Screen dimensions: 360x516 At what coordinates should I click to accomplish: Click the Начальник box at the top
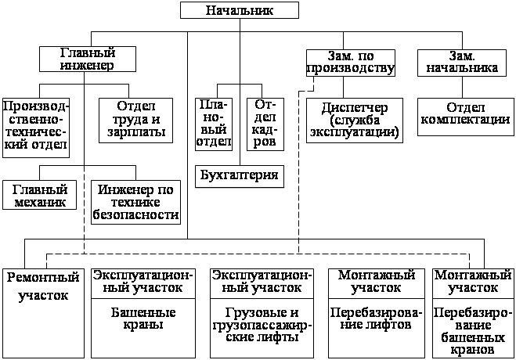pos(240,10)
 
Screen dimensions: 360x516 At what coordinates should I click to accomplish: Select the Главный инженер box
pos(88,59)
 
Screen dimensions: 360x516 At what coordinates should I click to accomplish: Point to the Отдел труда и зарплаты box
pos(136,119)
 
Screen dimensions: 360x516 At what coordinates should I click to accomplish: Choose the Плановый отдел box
pos(214,123)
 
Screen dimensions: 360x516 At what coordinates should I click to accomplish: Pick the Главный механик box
pos(39,195)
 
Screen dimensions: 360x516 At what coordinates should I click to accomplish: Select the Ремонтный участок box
pos(44,286)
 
